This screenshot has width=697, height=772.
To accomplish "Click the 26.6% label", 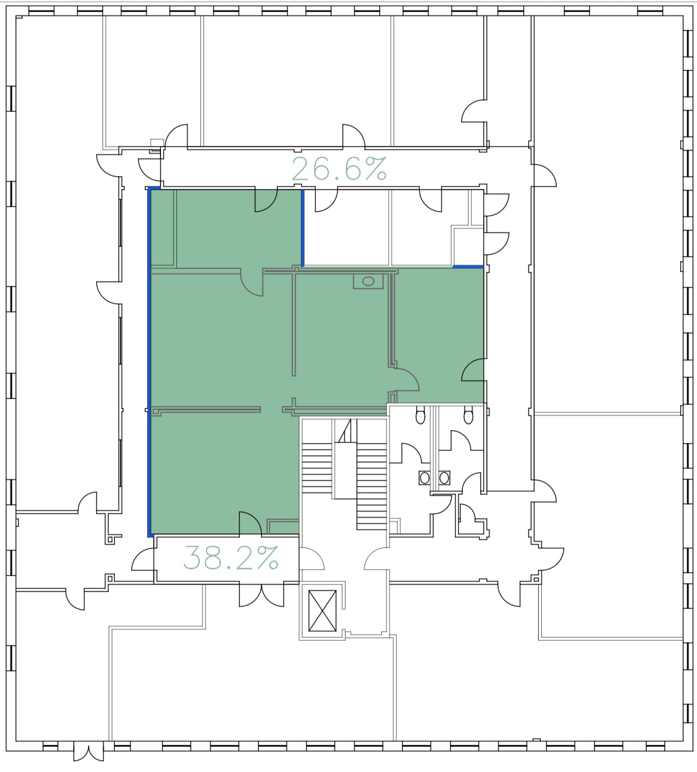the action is pyautogui.click(x=339, y=168).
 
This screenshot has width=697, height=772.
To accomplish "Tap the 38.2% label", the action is pyautogui.click(x=231, y=557).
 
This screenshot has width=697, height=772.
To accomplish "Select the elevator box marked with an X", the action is pyautogui.click(x=322, y=611).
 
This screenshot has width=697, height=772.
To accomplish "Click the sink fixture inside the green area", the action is pyautogui.click(x=368, y=282).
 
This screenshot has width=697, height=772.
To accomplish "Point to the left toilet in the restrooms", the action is pyautogui.click(x=420, y=415).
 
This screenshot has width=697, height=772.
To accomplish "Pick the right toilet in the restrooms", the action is pyautogui.click(x=468, y=415).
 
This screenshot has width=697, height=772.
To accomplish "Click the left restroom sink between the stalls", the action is pyautogui.click(x=424, y=478).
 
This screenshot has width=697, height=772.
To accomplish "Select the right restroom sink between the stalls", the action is pyautogui.click(x=444, y=478).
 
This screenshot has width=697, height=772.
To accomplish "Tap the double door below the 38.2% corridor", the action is pyautogui.click(x=261, y=595).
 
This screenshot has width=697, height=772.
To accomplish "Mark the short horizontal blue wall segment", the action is pyautogui.click(x=468, y=266).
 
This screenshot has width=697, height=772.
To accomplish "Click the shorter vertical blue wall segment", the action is pyautogui.click(x=303, y=228).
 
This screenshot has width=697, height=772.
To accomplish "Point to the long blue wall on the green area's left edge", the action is pyautogui.click(x=149, y=362).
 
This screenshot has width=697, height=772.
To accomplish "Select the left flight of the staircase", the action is pyautogui.click(x=317, y=468).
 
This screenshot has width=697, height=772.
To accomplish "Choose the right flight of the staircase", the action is pyautogui.click(x=372, y=486).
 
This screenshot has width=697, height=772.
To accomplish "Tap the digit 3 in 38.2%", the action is pyautogui.click(x=192, y=557).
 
